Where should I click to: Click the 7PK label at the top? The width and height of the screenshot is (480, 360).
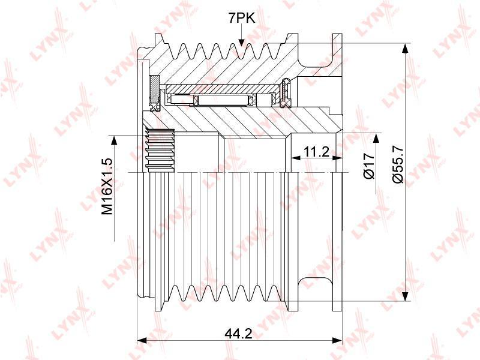[241, 19]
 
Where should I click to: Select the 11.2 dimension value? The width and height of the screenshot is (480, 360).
[316, 151]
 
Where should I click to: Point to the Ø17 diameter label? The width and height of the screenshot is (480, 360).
[369, 166]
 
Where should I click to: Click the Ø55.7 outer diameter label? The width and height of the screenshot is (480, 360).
[398, 164]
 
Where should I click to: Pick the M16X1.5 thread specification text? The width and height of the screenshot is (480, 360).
[107, 187]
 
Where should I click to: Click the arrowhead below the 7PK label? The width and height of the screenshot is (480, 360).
[241, 43]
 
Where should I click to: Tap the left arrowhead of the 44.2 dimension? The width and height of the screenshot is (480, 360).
[142, 340]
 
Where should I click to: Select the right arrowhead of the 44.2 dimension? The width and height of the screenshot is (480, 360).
[337, 340]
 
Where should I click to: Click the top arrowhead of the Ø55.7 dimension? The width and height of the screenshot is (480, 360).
[405, 49]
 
